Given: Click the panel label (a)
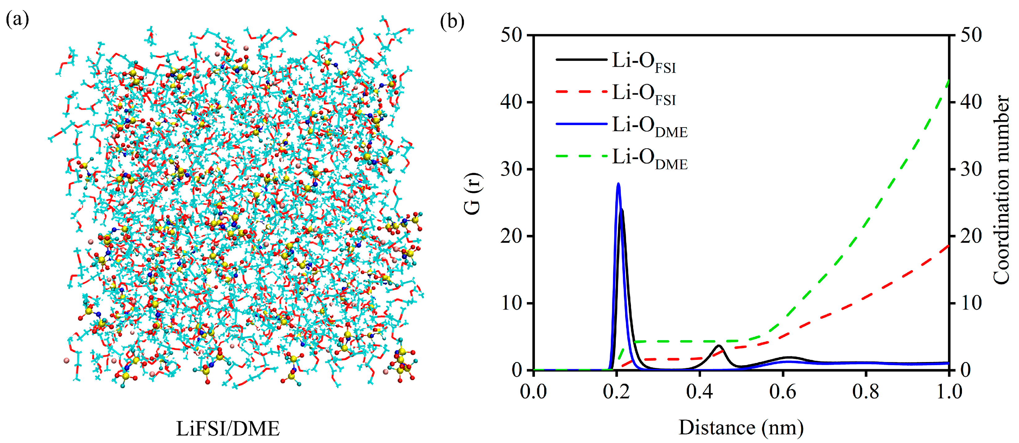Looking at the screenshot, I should tap(17, 20).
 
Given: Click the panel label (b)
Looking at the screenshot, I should tap(452, 21).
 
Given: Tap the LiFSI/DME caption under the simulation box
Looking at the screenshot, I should tap(228, 429).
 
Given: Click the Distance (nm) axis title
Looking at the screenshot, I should tap(741, 427).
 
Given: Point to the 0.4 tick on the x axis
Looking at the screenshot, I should tap(699, 392).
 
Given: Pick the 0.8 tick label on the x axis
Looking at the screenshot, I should tap(866, 392).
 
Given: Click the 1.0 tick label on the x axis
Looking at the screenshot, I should tap(949, 392).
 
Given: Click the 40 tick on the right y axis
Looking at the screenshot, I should tap(972, 102).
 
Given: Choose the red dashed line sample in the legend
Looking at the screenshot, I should tap(581, 92).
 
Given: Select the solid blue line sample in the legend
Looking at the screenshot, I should tap(581, 124).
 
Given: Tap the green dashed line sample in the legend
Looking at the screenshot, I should tap(581, 156).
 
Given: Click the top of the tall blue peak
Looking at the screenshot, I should tap(618, 184).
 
